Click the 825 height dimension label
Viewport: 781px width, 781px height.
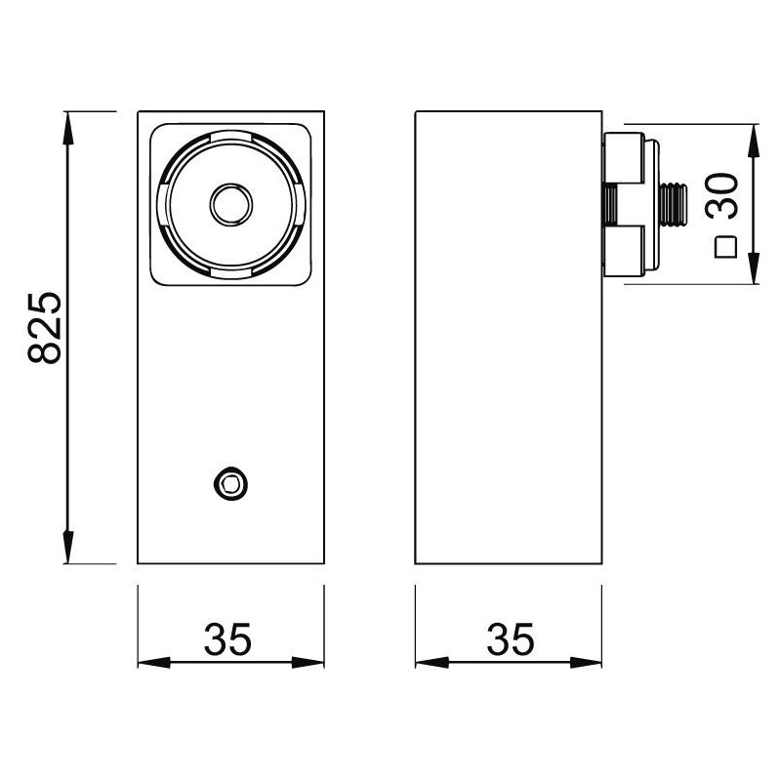(x=45, y=328)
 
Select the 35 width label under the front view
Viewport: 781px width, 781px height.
(x=227, y=639)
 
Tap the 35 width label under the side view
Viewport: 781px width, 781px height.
(x=511, y=639)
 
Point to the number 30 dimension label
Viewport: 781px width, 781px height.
(x=721, y=196)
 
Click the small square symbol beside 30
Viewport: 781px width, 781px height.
(x=725, y=247)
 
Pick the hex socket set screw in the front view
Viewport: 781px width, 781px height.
(x=230, y=483)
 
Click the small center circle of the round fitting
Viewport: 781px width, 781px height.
(x=231, y=205)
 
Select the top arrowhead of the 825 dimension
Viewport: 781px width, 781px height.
(x=68, y=128)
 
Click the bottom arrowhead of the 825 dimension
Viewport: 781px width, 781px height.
(x=68, y=547)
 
